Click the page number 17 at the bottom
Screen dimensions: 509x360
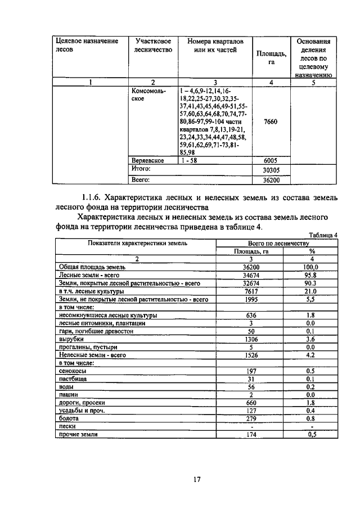(197, 479)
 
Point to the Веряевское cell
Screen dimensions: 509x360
(147, 160)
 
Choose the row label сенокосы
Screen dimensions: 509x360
(73, 371)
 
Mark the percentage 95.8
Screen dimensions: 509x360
(312, 276)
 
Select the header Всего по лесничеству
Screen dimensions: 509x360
(277, 243)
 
